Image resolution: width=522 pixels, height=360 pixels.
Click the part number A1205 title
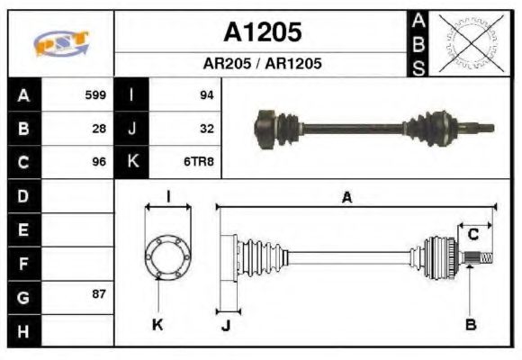point(262,32)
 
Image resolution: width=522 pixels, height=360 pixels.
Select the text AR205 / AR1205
point(262,64)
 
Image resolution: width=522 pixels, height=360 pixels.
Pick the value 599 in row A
point(95,94)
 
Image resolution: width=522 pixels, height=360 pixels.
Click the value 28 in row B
point(100,128)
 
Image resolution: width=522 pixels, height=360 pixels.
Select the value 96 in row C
point(100,162)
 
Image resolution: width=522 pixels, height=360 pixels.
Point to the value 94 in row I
point(206,94)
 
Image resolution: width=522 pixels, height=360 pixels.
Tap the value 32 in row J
point(206,128)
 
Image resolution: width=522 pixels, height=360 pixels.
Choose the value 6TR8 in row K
point(200,162)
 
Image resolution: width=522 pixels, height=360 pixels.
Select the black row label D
point(22,195)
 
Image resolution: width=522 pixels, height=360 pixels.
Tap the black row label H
point(22,330)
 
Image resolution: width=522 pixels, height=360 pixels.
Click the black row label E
point(22,229)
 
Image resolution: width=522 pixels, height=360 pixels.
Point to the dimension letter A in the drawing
point(346,197)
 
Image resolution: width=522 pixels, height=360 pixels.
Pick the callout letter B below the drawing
point(471,323)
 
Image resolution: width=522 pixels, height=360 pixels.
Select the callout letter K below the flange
point(157,324)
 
